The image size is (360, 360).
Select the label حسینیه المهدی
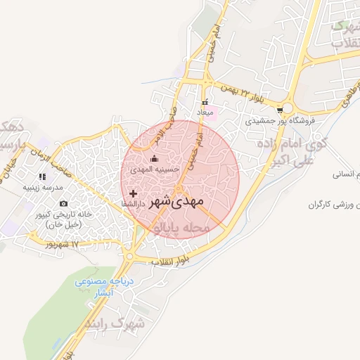coord(155,169)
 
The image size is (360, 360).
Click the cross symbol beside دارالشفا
coord(133,193)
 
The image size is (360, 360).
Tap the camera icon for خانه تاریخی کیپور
coord(63,204)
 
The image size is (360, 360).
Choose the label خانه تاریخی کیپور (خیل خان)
coord(63,219)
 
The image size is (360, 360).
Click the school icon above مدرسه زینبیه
coord(43,176)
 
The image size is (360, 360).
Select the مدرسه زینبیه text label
coord(44,187)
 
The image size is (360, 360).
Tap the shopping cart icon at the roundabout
coord(281,109)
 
